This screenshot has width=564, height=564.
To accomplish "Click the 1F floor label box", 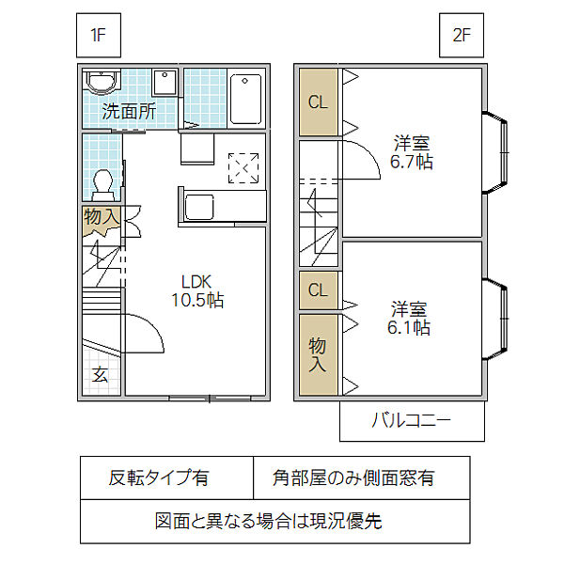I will (x=97, y=37).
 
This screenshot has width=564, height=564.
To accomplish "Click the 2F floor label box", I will (x=461, y=37).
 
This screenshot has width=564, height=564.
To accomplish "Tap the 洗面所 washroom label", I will (x=129, y=110).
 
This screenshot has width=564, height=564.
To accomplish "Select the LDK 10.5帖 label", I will (x=197, y=291).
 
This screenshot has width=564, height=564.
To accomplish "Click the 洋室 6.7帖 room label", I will (x=412, y=152).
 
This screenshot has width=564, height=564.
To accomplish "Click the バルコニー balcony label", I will (x=412, y=420).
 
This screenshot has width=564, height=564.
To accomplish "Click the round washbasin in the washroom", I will (x=98, y=82).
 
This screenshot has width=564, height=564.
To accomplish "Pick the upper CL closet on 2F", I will (x=318, y=102).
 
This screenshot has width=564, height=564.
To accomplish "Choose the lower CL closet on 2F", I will (x=318, y=290).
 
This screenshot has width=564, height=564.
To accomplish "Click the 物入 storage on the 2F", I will (x=318, y=355).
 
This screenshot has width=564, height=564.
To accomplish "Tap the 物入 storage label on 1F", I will (x=102, y=217).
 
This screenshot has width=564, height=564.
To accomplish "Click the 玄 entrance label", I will (x=100, y=375).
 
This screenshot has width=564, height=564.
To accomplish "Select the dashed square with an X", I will (x=243, y=168).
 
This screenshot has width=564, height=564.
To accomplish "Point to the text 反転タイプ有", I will (x=159, y=478).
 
